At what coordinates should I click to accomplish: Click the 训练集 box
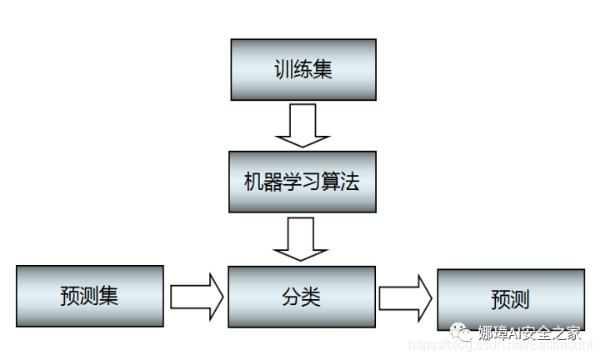[x=303, y=69]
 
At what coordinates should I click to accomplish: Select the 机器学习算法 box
[x=303, y=182]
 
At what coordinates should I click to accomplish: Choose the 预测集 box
[x=90, y=297]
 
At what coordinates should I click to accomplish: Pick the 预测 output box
[x=510, y=299]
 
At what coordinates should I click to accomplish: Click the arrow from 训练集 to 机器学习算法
[x=303, y=125]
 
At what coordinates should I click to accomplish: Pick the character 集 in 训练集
[x=323, y=69]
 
